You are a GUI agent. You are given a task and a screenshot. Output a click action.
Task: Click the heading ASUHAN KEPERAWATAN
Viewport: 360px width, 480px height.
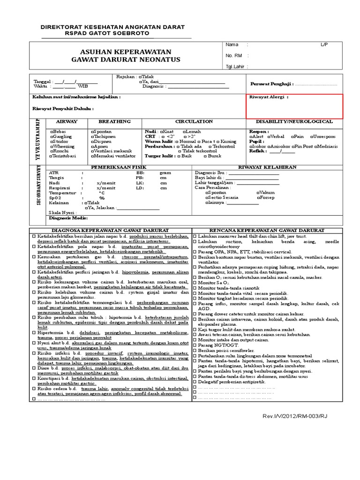[x=121, y=52]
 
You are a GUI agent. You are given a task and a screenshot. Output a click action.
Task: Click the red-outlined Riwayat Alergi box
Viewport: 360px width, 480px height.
[x=295, y=106]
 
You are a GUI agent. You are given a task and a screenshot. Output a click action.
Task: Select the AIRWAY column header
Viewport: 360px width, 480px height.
[x=67, y=121]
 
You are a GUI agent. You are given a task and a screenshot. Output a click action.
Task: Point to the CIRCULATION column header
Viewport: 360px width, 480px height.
[x=194, y=121]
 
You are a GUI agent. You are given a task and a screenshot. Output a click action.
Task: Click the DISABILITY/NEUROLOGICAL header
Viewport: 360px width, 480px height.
[x=294, y=121]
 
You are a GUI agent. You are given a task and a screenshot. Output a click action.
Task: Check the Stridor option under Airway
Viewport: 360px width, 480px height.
[x=60, y=141]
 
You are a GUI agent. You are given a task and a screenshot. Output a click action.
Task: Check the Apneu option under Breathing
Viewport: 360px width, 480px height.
[x=102, y=146]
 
